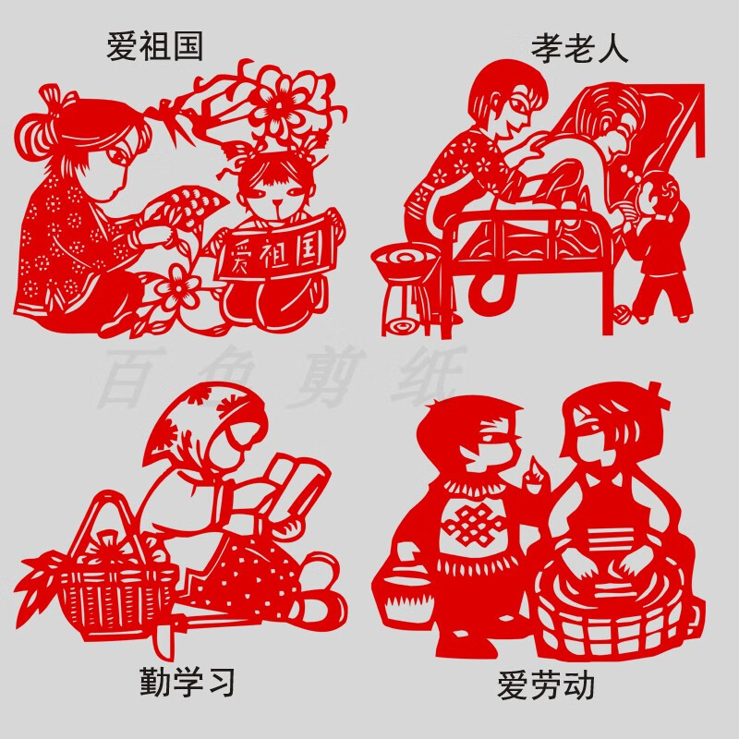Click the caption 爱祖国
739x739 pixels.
pyautogui.click(x=155, y=46)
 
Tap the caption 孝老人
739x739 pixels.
pyautogui.click(x=579, y=48)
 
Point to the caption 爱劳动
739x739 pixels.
pyautogui.click(x=545, y=685)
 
